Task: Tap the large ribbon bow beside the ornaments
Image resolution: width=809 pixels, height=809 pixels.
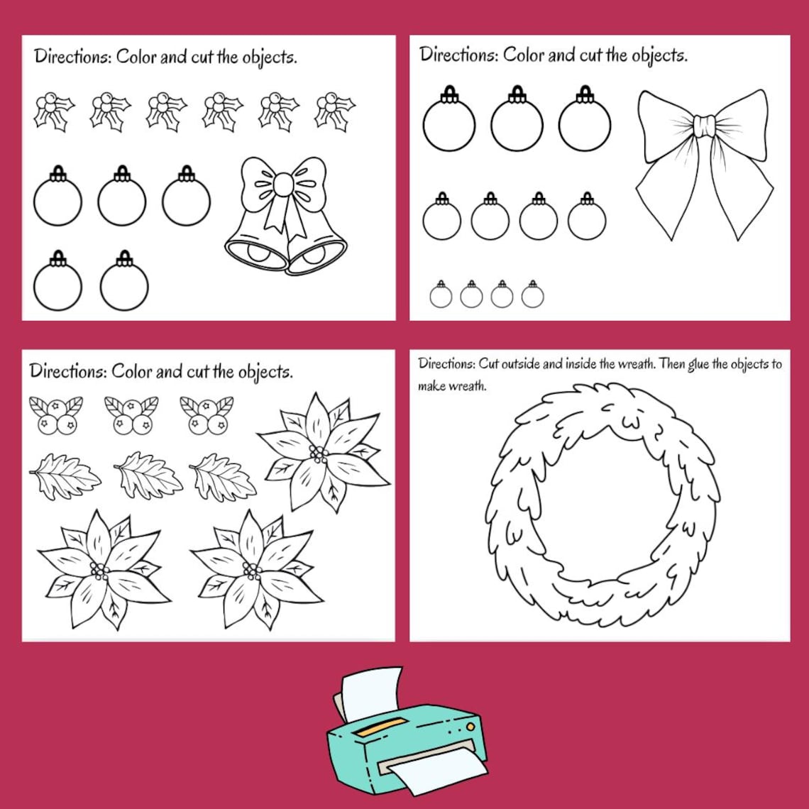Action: click(x=703, y=163)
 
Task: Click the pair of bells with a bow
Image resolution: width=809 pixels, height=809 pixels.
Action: click(x=286, y=216)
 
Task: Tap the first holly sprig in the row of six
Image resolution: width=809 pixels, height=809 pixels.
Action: click(x=55, y=111)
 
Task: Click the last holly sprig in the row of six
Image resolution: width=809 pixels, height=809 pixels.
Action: click(x=334, y=111)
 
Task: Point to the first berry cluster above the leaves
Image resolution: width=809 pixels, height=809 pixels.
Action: click(x=56, y=414)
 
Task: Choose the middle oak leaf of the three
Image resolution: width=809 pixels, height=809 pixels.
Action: click(x=148, y=475)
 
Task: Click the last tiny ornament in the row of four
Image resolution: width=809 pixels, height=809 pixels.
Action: click(x=532, y=294)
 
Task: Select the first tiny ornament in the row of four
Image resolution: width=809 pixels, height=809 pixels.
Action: click(x=441, y=294)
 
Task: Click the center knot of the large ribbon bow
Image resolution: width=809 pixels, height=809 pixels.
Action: click(x=704, y=126)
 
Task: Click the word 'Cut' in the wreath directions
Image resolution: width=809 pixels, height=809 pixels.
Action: click(x=489, y=364)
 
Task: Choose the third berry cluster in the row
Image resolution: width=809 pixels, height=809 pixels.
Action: click(x=207, y=414)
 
